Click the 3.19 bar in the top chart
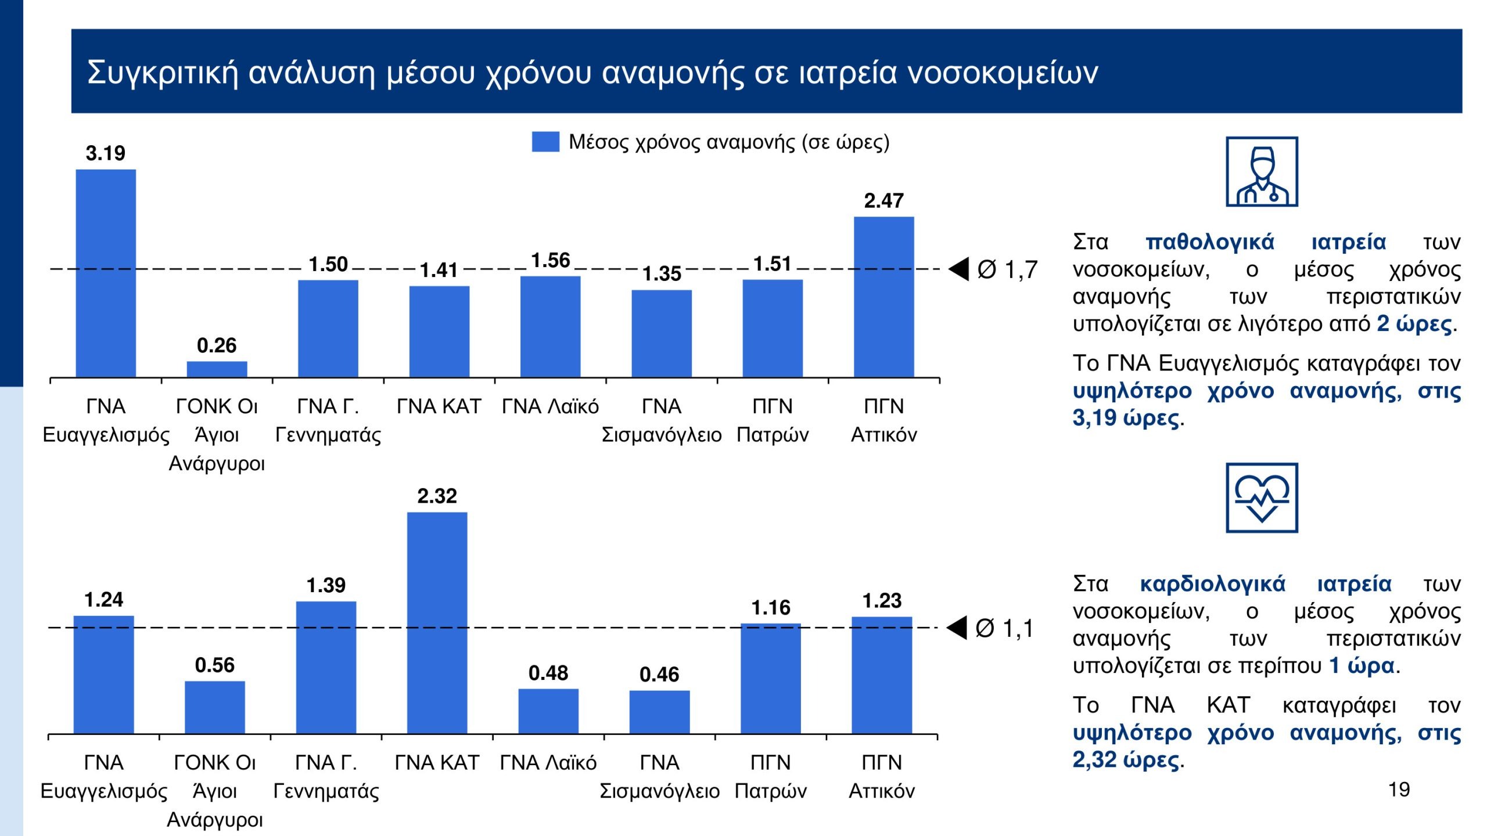106,273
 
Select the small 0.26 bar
217,369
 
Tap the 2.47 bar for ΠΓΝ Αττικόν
883,297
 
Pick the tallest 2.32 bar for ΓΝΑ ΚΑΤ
437,622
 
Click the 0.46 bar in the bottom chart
659,712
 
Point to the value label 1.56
550,261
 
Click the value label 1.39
326,585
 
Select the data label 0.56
214,665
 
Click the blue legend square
545,142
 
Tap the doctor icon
1262,172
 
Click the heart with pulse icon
1262,498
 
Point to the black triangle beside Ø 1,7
960,269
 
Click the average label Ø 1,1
1005,628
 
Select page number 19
1399,790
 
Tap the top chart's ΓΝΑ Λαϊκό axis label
550,406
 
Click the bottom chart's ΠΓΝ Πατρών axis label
770,777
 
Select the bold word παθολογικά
1209,242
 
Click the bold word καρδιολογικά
1212,584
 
